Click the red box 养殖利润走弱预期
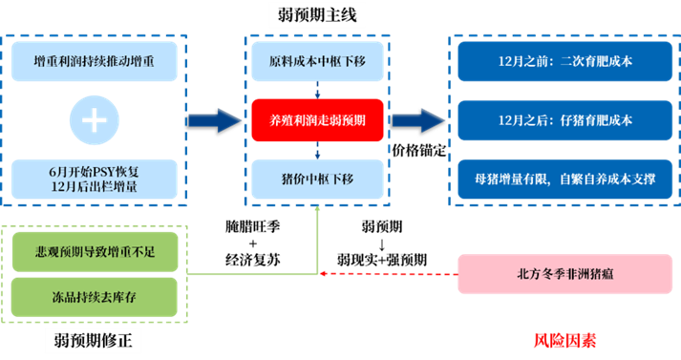coord(317,119)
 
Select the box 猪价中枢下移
coord(317,178)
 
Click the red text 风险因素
coord(564,340)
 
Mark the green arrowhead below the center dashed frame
coord(317,214)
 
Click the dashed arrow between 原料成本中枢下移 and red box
coord(317,89)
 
